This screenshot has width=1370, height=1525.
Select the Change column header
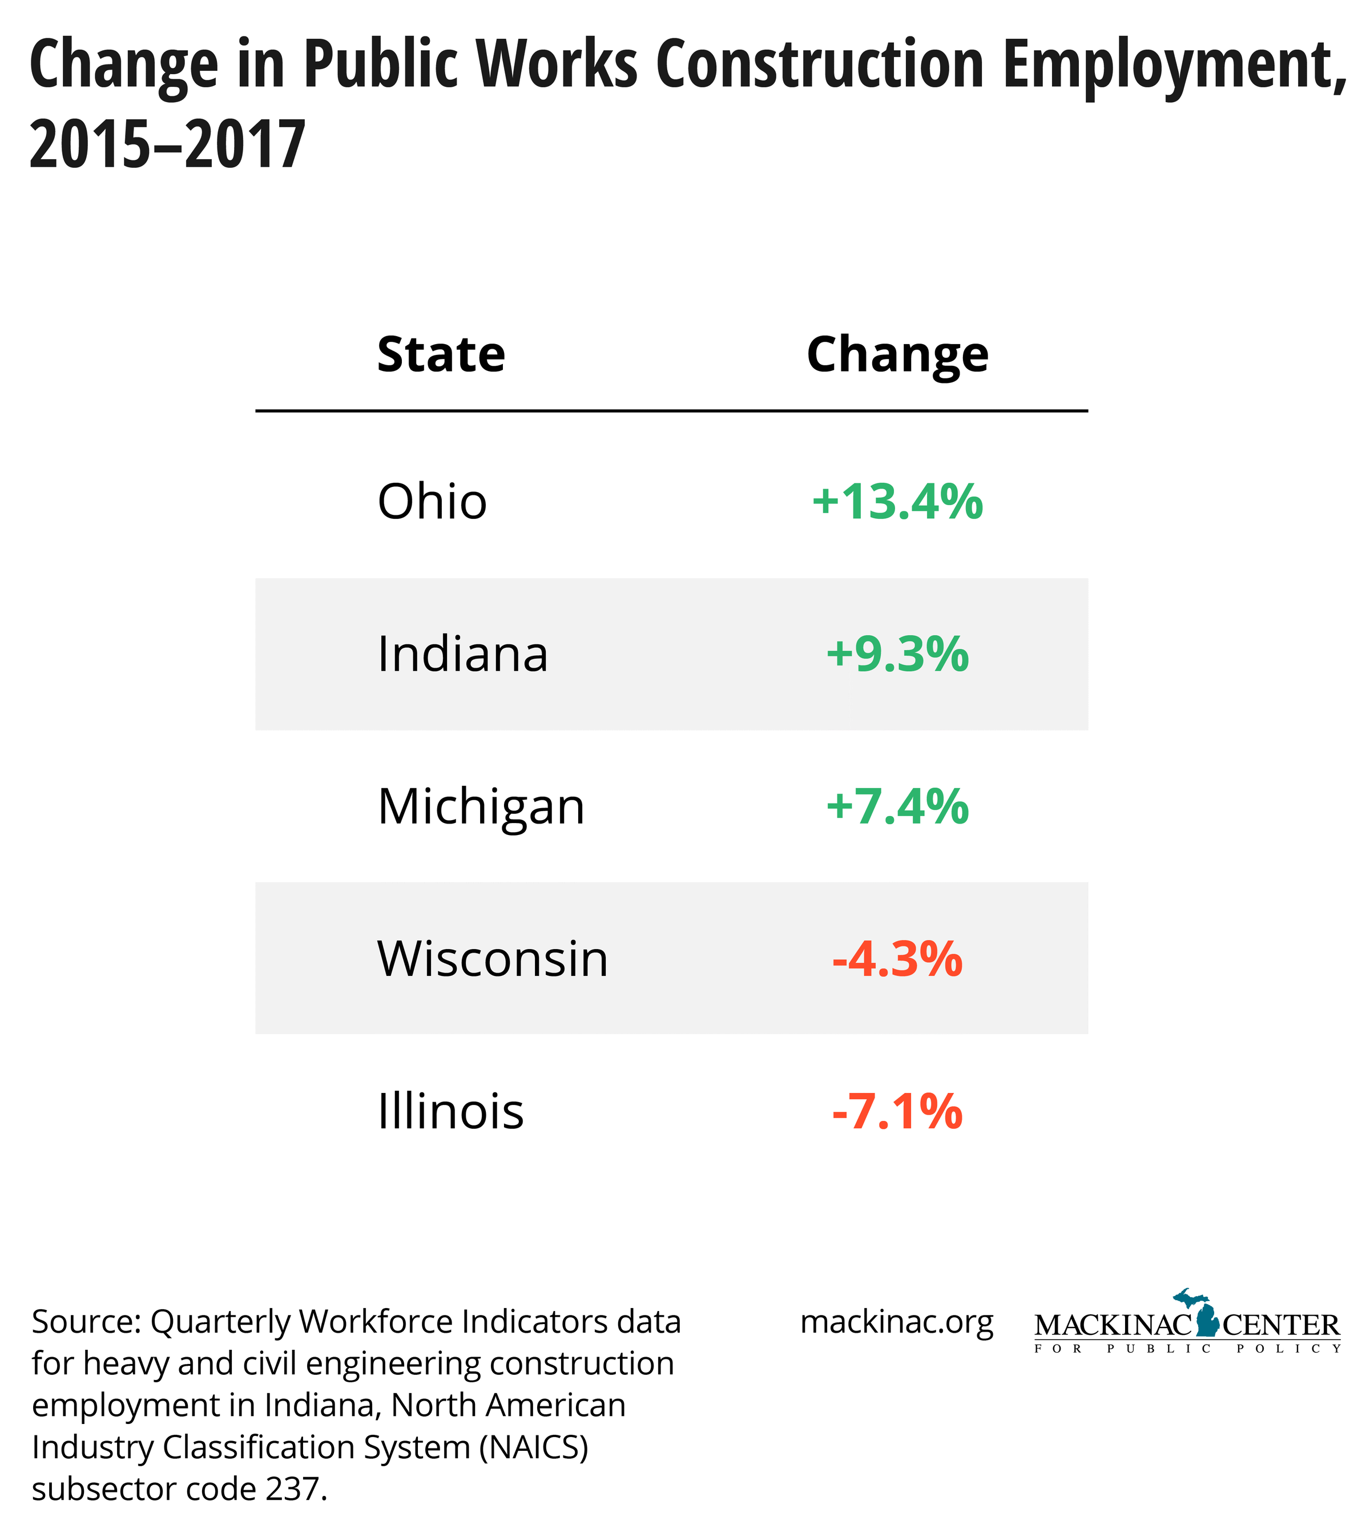click(897, 354)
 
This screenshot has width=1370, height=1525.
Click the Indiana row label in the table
click(462, 653)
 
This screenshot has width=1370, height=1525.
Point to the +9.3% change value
click(897, 653)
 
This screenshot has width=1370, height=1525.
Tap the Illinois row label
click(450, 1111)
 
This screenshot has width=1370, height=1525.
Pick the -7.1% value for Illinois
click(897, 1111)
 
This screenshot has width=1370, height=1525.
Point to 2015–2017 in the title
click(167, 144)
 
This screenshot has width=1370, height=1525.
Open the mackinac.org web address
click(897, 1322)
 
